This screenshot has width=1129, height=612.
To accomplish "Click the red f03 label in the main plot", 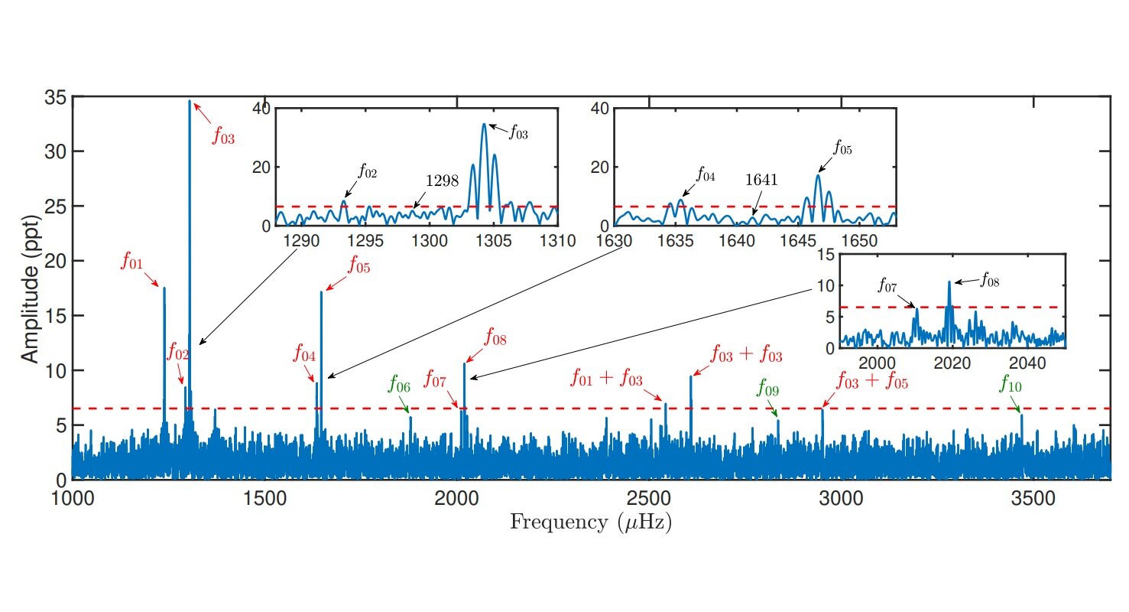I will coord(223,137).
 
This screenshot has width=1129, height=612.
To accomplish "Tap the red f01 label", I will coord(131,262).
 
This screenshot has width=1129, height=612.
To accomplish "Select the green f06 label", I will coord(399,383).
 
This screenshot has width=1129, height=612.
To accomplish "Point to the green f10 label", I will coord(1010,384).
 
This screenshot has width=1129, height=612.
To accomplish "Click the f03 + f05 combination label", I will coord(872,380).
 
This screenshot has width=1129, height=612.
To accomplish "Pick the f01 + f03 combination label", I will coord(607,378).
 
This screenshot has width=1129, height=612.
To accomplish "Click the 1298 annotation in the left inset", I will coord(442,181).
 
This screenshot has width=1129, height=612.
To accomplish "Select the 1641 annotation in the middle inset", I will coord(761,180).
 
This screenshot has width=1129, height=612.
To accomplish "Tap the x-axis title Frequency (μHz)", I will coord(591,523).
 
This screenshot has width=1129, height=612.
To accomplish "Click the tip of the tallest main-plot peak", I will coord(190,101).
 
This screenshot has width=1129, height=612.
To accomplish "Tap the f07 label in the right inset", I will coord(887,287).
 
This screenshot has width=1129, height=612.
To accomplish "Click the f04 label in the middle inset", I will coord(705,175).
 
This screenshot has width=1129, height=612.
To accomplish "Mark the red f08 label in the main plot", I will coord(495,337).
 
